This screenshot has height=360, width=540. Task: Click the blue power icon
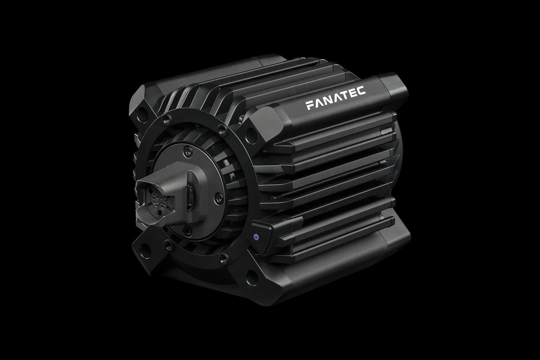click(256, 236)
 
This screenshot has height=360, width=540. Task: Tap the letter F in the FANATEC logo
click(310, 105)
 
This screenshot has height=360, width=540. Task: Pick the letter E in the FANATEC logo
click(351, 93)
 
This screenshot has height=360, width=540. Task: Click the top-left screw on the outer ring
click(168, 118)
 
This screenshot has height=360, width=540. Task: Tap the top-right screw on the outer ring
click(221, 130)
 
